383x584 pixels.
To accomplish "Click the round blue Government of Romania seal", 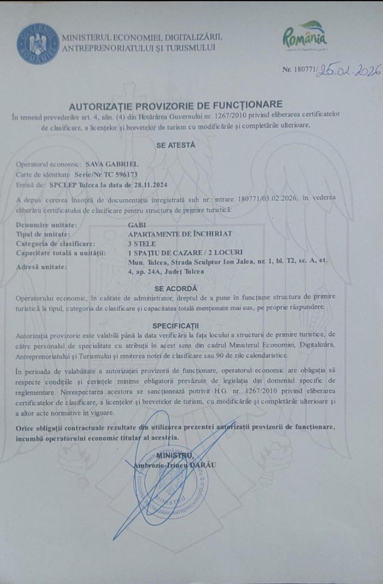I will tap(38, 44).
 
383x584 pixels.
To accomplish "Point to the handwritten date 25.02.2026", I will tap(349, 70).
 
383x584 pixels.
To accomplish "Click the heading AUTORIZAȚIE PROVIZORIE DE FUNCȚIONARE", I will tap(175, 104).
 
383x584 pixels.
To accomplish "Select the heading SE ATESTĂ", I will tap(175, 145).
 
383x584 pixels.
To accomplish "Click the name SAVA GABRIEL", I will tap(112, 164).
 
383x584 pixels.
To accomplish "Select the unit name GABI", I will tap(137, 225).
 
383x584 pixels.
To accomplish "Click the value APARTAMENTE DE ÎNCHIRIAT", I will tap(180, 234).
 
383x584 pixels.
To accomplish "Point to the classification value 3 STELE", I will tap(142, 244).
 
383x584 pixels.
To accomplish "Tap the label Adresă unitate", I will tap(41, 267).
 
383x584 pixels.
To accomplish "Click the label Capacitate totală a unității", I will tap(61, 253).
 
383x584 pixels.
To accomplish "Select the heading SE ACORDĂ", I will tap(175, 289).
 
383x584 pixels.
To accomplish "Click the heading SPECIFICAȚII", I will tap(175, 326).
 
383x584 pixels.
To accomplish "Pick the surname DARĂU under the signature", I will tap(204, 465).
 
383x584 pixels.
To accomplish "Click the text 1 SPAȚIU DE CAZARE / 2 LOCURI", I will tap(185, 252).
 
